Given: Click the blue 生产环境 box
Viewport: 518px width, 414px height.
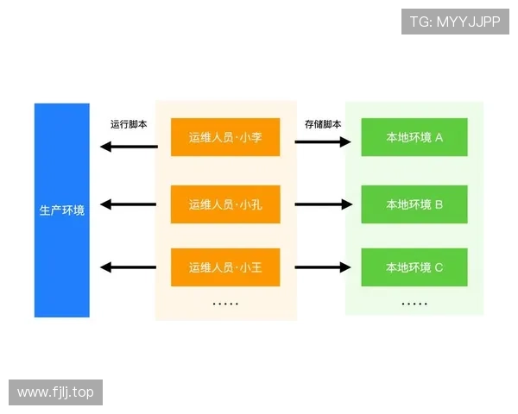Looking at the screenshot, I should [62, 210].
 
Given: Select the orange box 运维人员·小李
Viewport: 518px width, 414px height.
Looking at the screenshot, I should [225, 137].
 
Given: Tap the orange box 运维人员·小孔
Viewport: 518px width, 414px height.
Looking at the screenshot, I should [225, 204].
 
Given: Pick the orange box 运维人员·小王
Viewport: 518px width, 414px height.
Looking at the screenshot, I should [225, 267].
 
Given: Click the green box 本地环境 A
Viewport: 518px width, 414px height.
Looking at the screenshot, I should [414, 137].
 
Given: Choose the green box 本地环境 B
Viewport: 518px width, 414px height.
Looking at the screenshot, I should [414, 204].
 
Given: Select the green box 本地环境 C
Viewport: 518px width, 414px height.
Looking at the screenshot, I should [414, 267].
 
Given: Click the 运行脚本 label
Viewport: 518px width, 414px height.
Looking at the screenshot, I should [129, 124].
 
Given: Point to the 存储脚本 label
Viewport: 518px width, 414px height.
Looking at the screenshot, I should [323, 124].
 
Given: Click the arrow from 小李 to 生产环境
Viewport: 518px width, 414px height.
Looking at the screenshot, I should [129, 146].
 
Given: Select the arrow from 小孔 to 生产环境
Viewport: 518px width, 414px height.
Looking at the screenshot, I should [129, 204].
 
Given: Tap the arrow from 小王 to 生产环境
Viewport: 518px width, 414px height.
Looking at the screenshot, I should [129, 267].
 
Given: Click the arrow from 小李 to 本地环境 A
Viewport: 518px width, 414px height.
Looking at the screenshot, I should [324, 141].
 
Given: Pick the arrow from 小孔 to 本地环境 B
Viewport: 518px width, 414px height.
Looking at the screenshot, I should [324, 204].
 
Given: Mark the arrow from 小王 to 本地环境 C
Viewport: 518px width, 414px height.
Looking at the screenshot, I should [324, 267].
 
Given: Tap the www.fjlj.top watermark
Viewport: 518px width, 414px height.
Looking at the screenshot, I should [55, 392].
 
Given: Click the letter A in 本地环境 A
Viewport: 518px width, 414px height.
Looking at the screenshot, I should [439, 137].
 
